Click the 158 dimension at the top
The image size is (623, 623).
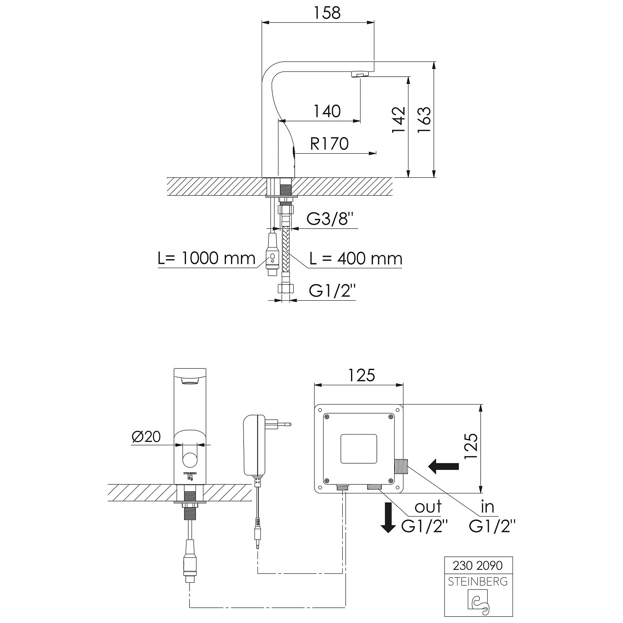click(x=327, y=13)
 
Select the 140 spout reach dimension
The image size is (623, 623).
click(x=327, y=111)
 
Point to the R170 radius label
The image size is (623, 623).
click(x=329, y=144)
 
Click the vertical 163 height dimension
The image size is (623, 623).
click(x=424, y=120)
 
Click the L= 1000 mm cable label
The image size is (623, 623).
click(x=206, y=258)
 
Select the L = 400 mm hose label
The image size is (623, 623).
click(x=356, y=259)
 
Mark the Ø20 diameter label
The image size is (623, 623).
click(x=146, y=437)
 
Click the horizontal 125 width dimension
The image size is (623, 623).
click(x=361, y=375)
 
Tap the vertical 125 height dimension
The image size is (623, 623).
click(x=471, y=446)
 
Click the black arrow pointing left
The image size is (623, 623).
click(x=444, y=466)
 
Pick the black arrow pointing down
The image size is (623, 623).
click(x=388, y=518)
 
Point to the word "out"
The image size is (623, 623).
click(x=428, y=507)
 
